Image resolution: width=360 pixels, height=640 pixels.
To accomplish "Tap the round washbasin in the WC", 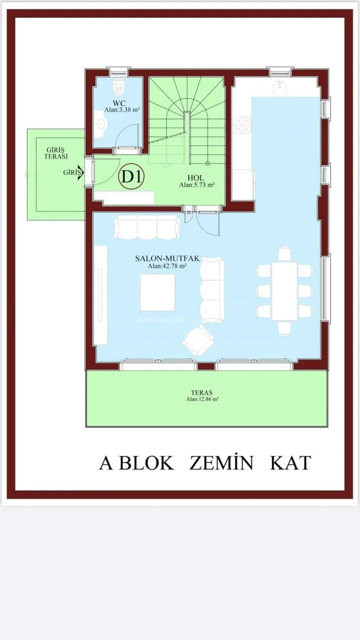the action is point(100,123).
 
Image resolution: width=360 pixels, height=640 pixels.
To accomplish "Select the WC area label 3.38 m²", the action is point(121,109).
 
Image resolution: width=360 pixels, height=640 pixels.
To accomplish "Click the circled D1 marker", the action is point(131,177).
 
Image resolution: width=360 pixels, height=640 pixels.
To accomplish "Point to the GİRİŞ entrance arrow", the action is point(81,172).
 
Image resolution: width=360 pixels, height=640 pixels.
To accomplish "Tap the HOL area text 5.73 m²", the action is point(197,185).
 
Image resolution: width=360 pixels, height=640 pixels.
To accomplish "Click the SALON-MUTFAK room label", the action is point(167,258).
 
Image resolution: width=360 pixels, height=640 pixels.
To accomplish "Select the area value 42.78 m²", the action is point(167,266).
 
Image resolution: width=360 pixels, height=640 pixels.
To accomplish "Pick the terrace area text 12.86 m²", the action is point(202,399).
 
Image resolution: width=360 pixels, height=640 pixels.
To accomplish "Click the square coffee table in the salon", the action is point(157,292).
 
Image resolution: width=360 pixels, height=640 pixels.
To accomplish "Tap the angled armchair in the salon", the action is point(197,340).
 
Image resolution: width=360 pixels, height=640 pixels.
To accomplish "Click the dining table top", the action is point(284,291).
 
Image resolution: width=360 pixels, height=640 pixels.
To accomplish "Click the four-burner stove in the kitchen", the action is point(242,125).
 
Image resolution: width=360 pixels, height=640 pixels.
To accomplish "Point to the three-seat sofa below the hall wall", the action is point(147,227).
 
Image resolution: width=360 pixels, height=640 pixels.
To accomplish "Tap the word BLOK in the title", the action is point(146,463).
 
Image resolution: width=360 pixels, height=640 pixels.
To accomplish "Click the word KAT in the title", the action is point(290,463).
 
